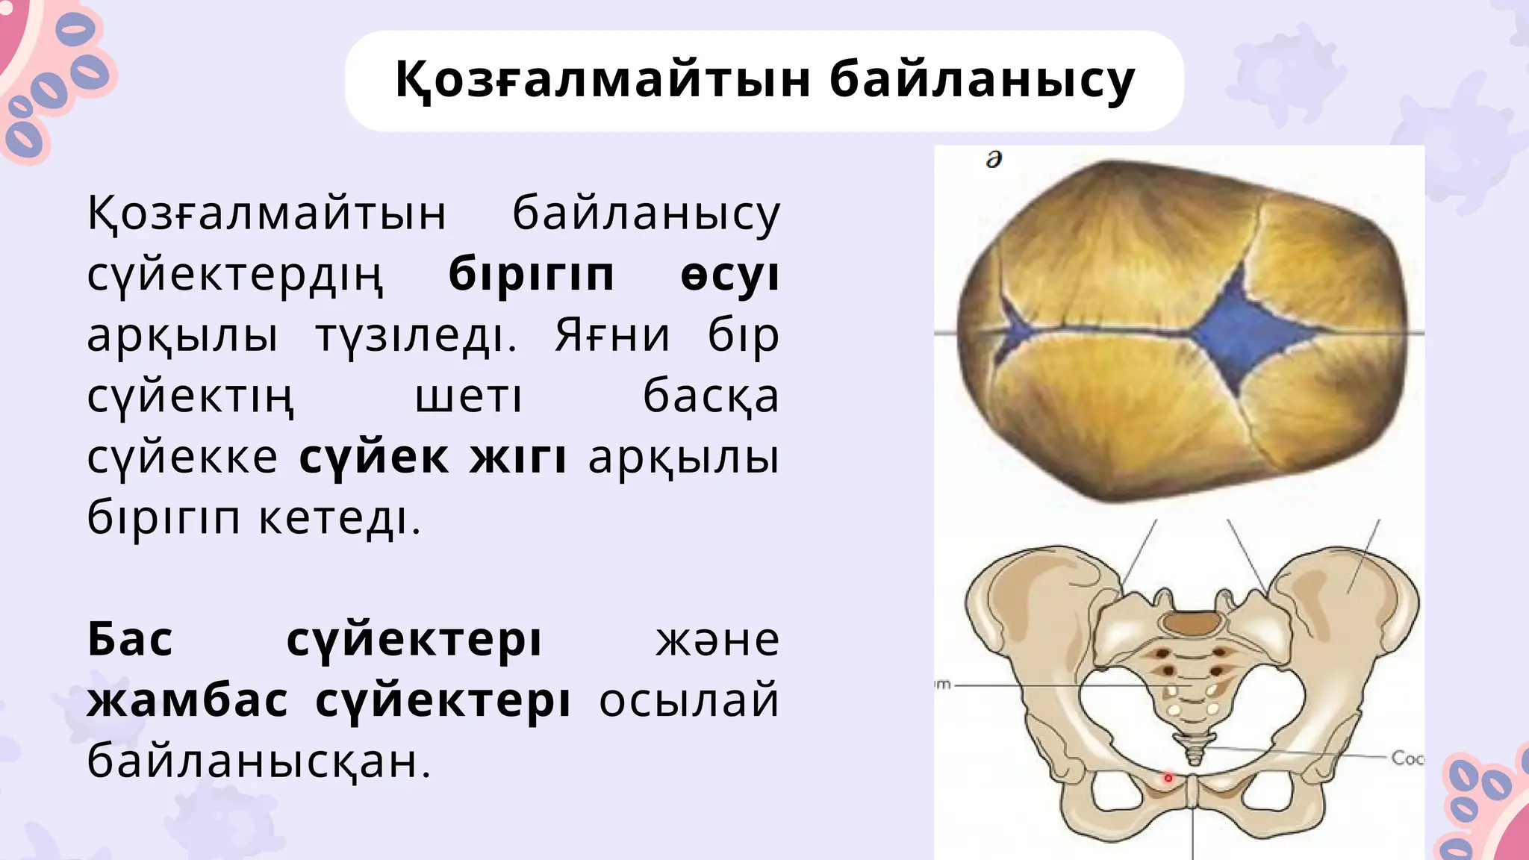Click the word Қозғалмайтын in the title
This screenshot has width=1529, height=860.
602,80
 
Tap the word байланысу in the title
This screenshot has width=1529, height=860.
982,80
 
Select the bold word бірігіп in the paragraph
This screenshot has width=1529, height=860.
532,275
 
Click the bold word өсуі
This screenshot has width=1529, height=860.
729,275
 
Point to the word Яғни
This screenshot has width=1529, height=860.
612,335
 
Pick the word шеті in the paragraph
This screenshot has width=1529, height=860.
468,396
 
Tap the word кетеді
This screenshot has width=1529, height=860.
340,517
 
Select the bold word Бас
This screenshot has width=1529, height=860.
131,640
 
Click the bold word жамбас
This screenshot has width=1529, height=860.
187,701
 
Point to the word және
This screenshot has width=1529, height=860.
717,640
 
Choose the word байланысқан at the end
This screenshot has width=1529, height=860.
260,761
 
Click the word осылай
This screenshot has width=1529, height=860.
688,701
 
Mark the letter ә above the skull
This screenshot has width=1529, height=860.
994,160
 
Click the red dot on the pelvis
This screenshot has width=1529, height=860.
1168,779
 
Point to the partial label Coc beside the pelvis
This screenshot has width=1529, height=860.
1407,758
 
